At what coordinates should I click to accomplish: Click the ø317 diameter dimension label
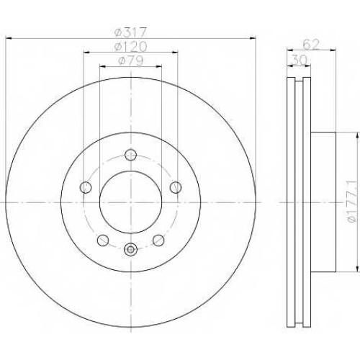pos(130,32)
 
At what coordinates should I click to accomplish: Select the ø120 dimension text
pos(130,47)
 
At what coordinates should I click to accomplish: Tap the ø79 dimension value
pos(131,60)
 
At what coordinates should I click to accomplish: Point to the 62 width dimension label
pos(311,45)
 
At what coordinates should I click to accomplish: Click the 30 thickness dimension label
pos(299,60)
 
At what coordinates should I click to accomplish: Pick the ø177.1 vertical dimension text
pos(352,202)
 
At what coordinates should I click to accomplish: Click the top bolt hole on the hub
pos(131,155)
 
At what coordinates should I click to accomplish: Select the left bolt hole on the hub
pos(86,187)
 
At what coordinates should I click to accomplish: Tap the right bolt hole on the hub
pos(176,187)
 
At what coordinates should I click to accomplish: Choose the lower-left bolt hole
pos(103,240)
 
